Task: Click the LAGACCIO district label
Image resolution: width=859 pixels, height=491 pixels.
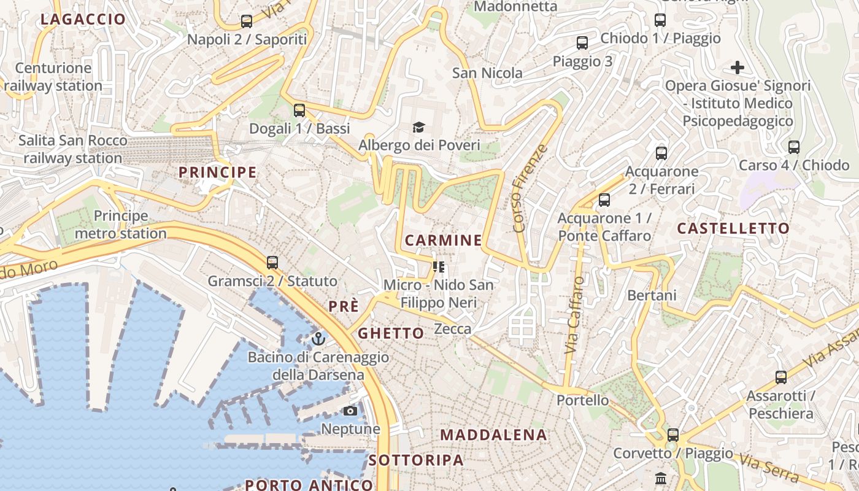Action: pos(83,19)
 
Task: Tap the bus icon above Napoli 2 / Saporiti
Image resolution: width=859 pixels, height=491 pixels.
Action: pos(247,21)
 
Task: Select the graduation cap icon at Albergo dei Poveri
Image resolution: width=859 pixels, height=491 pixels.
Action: pos(418,127)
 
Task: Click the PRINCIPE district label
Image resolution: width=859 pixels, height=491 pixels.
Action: pos(217,172)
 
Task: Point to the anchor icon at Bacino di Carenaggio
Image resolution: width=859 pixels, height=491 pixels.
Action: pos(318,338)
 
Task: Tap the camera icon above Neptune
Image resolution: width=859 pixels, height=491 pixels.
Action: pos(350,411)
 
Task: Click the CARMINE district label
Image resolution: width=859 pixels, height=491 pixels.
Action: pos(443,240)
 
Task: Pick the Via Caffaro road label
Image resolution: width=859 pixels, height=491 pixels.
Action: pos(574,314)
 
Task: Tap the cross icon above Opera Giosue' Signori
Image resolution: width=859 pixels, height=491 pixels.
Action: pos(738,67)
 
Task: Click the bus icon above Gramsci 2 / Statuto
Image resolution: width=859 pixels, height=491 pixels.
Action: pos(272,263)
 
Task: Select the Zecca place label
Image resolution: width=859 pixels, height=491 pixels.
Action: pos(453,329)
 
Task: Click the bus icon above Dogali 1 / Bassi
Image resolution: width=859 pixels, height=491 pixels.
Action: pos(299,110)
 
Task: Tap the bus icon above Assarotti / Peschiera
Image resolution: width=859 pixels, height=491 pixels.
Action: pos(781,377)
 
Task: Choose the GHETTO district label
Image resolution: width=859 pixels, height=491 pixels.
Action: pos(391,333)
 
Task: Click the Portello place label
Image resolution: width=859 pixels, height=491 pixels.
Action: pos(582,400)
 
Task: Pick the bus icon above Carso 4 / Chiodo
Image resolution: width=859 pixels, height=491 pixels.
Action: pos(794,147)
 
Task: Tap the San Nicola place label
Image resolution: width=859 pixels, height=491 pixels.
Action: pos(487,73)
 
